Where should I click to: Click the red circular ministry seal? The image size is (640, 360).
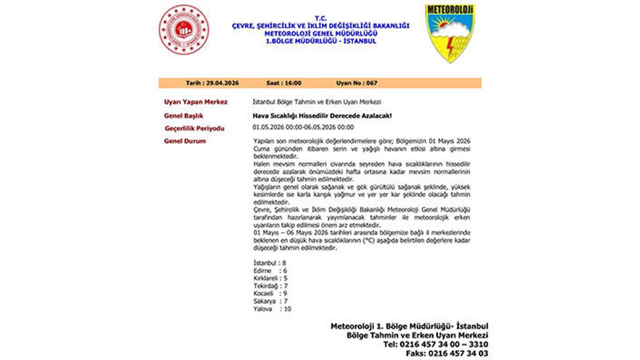click(183, 29)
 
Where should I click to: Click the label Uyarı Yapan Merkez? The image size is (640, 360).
click(195, 102)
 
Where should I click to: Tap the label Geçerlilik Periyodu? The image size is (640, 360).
click(194, 128)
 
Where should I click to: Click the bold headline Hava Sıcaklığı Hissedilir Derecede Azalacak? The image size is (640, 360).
click(322, 116)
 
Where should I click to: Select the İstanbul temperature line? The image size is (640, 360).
click(270, 262)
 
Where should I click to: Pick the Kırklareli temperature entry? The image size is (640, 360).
click(270, 278)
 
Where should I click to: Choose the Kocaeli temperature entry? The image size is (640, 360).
click(270, 293)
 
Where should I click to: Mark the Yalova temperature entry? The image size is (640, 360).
click(272, 309)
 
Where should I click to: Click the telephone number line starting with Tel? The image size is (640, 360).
click(436, 344)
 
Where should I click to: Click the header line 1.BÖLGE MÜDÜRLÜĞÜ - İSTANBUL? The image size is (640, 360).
click(321, 41)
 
